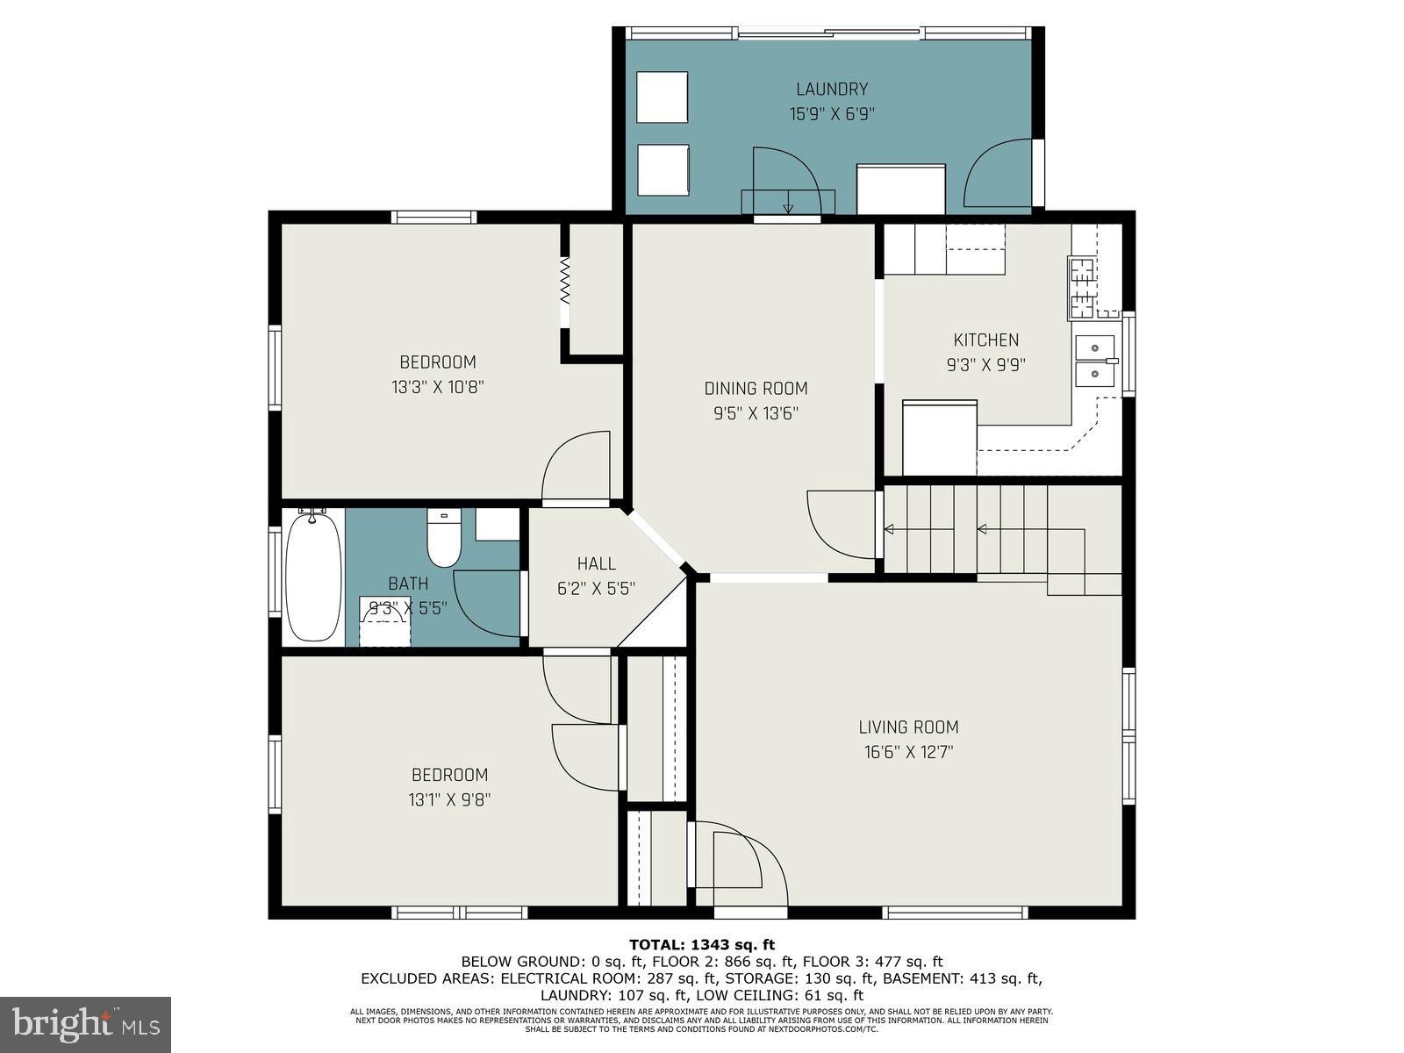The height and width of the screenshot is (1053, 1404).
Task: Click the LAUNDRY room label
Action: click(831, 89)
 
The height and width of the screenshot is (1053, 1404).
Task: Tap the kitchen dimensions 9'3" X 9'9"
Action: click(985, 364)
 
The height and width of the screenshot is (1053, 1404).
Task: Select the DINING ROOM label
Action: click(756, 388)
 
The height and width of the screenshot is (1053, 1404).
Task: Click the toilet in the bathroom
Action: click(443, 539)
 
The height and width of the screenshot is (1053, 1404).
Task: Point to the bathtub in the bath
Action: click(314, 577)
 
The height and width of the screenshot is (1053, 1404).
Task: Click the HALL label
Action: click(596, 563)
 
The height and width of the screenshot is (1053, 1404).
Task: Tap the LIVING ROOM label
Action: click(908, 727)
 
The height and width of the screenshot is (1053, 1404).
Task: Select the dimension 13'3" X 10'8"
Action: click(438, 386)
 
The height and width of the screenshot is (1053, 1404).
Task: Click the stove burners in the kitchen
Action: click(1082, 287)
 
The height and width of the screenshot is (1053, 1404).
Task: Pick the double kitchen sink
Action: click(1095, 361)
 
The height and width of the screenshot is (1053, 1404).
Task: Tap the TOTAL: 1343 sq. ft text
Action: click(702, 945)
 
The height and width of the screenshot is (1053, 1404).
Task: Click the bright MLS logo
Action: click(86, 1023)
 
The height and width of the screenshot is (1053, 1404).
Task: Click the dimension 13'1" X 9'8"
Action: click(449, 799)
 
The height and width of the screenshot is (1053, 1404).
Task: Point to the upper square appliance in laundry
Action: click(662, 97)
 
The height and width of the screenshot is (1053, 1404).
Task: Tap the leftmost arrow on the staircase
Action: click(889, 529)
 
